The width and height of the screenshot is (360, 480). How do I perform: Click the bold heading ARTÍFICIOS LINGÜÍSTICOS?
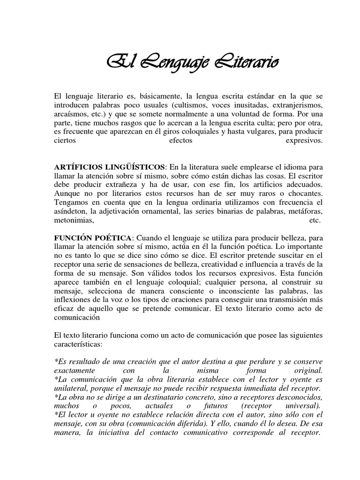pyautogui.click(x=110, y=167)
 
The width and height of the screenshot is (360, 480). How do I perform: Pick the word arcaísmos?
pyautogui.click(x=71, y=115)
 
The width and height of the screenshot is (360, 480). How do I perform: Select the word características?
pyautogui.click(x=80, y=344)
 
